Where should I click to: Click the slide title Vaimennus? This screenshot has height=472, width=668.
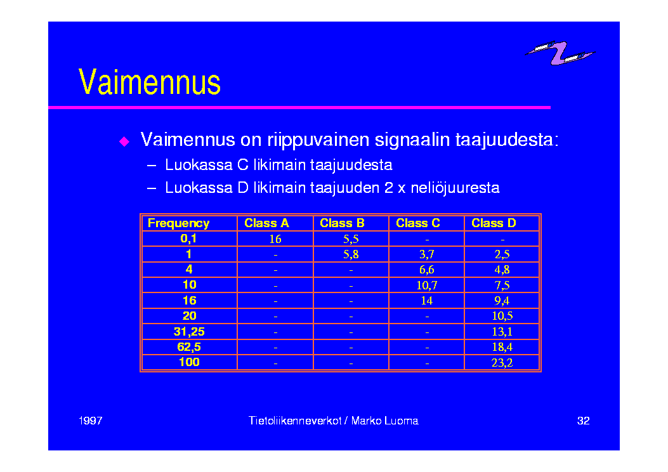coord(150,82)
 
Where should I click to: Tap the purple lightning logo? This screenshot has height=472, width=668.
coord(560,53)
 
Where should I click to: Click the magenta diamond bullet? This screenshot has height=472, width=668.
coord(124,141)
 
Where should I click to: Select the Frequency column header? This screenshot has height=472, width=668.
coord(178,223)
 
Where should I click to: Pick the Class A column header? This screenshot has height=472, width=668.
coord(266,223)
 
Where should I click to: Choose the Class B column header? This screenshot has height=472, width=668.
coord(342,223)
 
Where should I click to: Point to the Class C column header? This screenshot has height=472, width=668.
coord(418,223)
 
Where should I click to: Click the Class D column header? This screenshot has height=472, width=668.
coord(494,223)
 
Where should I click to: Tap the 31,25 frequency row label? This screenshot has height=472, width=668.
coord(189,331)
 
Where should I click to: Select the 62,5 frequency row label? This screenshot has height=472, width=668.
coord(189,347)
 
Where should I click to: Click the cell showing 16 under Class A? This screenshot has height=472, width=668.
coord(275,239)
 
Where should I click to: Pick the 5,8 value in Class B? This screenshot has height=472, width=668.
coord(351,254)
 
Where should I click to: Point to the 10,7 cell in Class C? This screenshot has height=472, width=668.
coord(427,285)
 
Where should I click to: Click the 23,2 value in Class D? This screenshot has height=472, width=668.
coord(502,362)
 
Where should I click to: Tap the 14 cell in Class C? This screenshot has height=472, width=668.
coord(427,300)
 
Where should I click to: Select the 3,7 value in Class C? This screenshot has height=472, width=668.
coord(427,254)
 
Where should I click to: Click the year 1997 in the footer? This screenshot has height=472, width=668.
coord(90,421)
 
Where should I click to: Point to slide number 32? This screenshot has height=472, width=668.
coord(583,421)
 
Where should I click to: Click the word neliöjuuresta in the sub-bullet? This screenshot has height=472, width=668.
coord(455,188)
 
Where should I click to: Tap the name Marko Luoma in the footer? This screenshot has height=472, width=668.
coord(384,421)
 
